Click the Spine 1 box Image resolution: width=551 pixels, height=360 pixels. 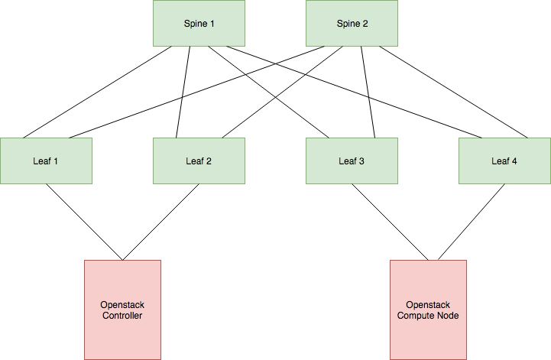click(199, 23)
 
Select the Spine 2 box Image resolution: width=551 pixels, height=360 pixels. click(352, 23)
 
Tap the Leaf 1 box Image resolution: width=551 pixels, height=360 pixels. click(46, 161)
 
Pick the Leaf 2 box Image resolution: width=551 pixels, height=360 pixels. click(199, 161)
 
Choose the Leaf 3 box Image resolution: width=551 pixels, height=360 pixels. click(352, 161)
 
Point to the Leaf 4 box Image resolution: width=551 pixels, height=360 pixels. click(504, 161)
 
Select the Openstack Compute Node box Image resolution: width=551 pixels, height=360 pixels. click(428, 336)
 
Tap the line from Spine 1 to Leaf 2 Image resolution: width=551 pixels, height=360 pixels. click(183, 92)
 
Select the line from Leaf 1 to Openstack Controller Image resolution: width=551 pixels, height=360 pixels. click(83, 222)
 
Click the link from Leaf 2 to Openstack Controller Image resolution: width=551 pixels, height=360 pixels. click(160, 222)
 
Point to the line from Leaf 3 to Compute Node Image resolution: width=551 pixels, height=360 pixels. click(390, 222)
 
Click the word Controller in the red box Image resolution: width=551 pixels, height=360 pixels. click(122, 315)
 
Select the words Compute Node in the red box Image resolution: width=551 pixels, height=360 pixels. click(428, 315)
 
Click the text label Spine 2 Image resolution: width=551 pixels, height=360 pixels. click(352, 24)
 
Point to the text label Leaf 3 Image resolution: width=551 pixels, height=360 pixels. click(352, 161)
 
